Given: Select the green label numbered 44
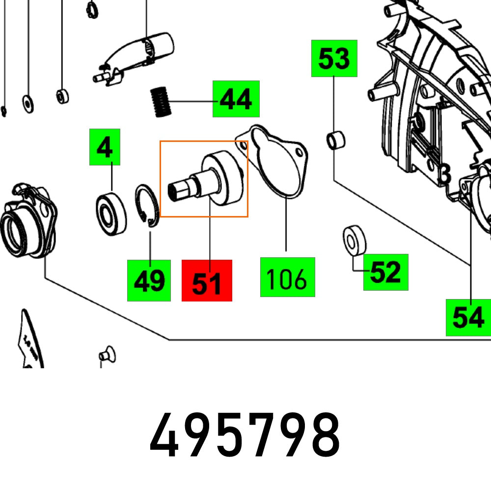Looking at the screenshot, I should (236, 99).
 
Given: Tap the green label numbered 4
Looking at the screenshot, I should (104, 147).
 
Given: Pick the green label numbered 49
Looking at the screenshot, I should (149, 280).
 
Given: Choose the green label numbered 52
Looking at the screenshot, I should (385, 272).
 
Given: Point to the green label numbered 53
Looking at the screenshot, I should (334, 58).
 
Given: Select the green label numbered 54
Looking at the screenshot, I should (468, 318).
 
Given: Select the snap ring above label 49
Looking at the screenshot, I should (148, 206).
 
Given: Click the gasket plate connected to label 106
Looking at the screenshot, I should (275, 163).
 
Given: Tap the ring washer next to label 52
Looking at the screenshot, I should (354, 240).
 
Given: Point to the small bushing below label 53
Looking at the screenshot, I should (336, 140).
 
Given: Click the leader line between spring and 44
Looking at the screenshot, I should (192, 101).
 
